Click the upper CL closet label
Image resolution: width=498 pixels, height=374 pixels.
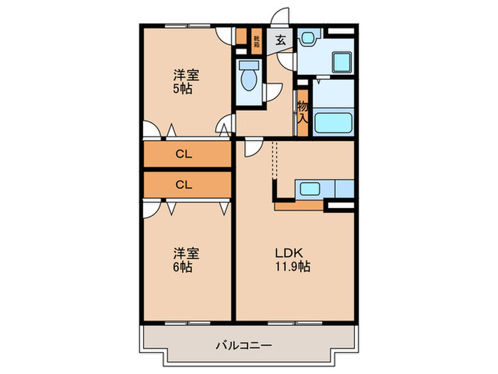coord(184,154)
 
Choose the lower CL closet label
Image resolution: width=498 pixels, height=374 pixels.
coord(184,185)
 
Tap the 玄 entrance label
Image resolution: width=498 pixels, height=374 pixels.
coord(280,41)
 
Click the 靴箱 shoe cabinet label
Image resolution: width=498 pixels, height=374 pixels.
coord(257,41)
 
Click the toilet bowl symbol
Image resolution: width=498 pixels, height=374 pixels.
coord(249,78)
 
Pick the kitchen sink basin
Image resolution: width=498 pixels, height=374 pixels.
coord(309,189)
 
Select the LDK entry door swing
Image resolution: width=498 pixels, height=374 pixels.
coord(252,147)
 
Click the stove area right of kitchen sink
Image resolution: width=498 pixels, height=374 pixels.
coord(342,189)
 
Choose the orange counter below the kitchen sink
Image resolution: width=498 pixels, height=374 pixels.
coord(298,205)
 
